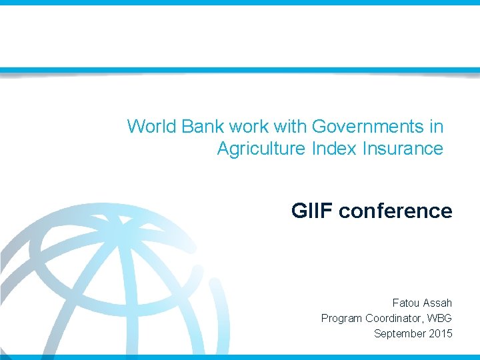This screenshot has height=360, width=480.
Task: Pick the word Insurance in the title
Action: pos(403,148)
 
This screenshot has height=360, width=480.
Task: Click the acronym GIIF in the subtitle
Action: pos(312,211)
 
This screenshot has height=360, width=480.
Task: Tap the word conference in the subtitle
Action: pos(395,211)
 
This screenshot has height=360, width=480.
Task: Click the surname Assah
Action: pos(438,303)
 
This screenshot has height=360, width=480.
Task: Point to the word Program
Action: pos(341,319)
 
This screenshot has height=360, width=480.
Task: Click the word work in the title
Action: pos(245,126)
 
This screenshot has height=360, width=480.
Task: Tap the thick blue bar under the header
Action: pos(240,70)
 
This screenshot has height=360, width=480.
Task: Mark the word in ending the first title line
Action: pos(436,126)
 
